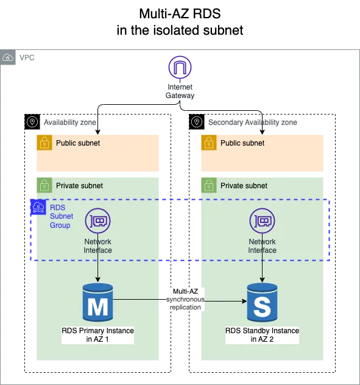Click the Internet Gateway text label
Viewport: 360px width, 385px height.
180,91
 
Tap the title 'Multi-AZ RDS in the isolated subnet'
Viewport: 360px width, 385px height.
180,23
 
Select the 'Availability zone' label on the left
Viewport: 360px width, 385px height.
70,122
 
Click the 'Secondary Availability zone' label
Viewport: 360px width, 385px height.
252,122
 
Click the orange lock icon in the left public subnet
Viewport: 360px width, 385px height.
43,143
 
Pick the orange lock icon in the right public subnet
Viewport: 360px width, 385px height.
208,143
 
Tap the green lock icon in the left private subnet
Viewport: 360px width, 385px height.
43,185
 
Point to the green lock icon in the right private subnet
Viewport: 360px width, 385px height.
208,185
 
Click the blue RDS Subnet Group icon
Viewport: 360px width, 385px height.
39,208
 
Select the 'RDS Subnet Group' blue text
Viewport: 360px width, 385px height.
61,216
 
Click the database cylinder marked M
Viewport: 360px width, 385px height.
98,302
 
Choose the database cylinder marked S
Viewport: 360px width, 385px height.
262,302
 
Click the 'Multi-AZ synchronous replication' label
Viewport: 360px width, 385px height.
185,300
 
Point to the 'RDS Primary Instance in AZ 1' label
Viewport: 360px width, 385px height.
98,334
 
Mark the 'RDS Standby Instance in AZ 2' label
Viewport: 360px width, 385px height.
262,334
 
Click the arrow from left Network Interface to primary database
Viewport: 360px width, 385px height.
98,268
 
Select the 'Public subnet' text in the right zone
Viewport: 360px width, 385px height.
242,143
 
